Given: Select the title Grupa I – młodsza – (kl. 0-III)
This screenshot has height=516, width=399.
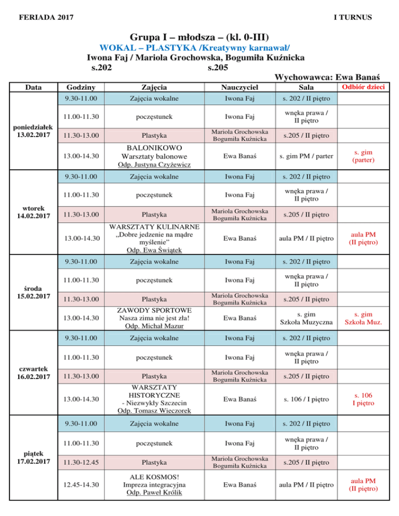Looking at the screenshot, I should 199,37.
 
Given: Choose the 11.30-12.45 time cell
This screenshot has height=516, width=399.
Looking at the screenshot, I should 81,462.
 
